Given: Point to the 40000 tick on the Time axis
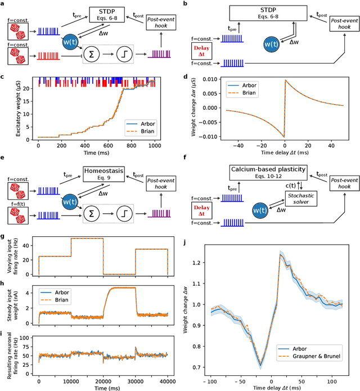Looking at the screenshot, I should click(168, 376).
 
